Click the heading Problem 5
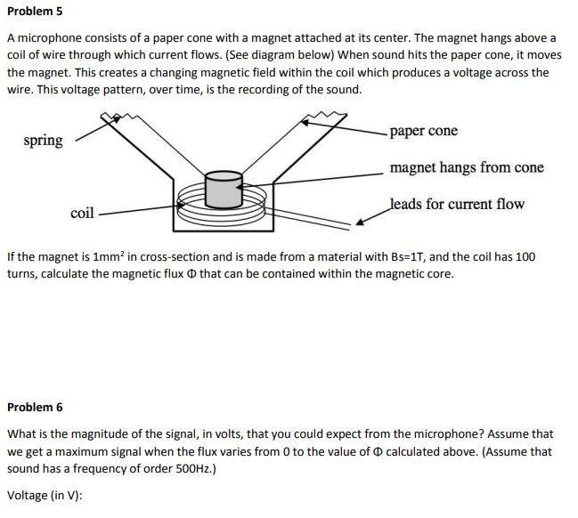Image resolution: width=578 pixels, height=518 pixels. [x=35, y=12]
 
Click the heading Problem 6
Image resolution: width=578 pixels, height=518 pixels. [x=35, y=407]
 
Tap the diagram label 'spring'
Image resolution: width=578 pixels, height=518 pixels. [x=44, y=141]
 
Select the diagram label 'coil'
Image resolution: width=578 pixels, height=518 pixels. [x=82, y=213]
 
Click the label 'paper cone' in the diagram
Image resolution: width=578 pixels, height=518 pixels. [x=424, y=131]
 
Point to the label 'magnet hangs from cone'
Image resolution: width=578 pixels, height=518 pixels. [x=467, y=167]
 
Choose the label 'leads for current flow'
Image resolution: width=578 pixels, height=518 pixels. [x=457, y=204]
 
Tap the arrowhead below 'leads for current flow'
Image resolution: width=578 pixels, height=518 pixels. [x=362, y=222]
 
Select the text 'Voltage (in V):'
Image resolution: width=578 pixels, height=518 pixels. [x=45, y=495]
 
